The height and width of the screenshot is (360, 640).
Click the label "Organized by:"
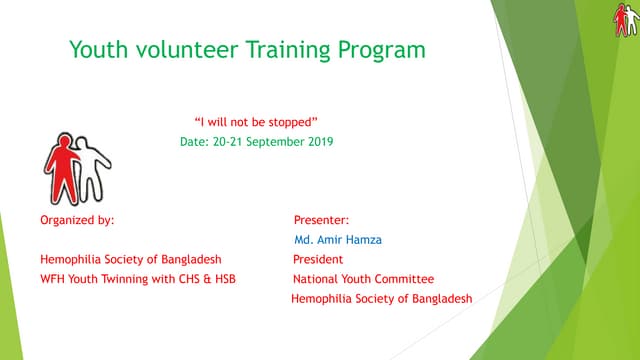tap(77, 219)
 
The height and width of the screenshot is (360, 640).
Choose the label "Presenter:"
tap(320, 219)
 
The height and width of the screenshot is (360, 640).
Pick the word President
tap(318, 259)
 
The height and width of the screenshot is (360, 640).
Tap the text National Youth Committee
tap(363, 279)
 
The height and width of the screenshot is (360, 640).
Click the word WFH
tap(53, 279)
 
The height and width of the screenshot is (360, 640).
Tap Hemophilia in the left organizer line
tap(72, 259)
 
